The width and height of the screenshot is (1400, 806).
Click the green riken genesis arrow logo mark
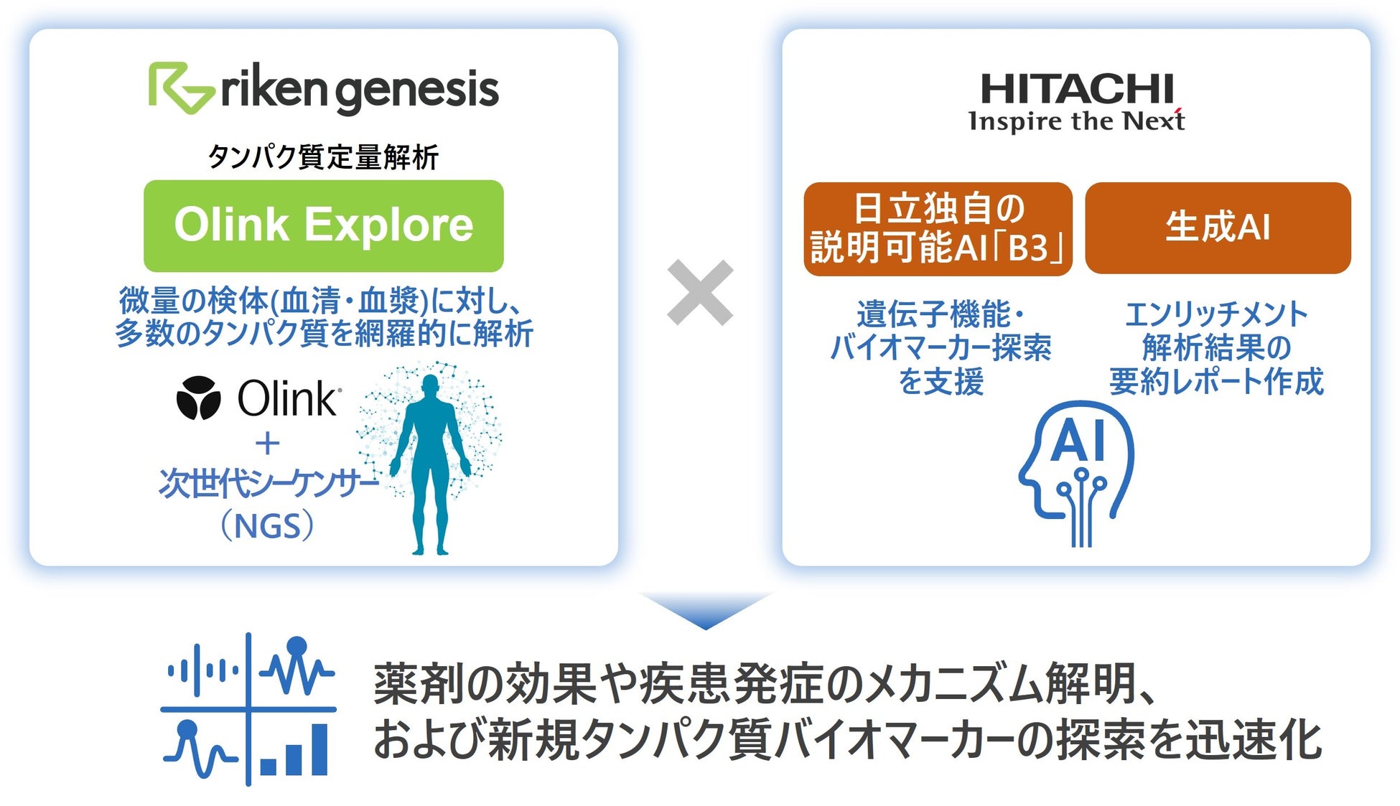tap(179, 88)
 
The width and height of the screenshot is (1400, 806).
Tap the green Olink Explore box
tap(323, 225)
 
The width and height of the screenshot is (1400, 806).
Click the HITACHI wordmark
tap(1076, 89)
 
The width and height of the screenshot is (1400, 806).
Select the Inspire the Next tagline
tap(1076, 121)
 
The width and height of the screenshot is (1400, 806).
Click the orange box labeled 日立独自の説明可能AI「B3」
tap(938, 229)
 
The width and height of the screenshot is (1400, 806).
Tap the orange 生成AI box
tap(1218, 228)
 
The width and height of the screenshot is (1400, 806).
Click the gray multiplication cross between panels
tap(700, 293)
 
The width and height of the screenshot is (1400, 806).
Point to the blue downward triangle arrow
tap(705, 609)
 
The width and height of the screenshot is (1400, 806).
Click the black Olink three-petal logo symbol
tap(198, 398)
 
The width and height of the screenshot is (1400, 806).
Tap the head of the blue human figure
tap(430, 386)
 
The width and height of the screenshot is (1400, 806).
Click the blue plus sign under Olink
tap(267, 444)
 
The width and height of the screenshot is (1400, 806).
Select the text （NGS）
tap(267, 526)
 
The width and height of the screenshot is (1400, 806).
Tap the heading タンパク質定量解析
tap(323, 157)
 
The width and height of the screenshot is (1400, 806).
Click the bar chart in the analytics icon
tap(294, 751)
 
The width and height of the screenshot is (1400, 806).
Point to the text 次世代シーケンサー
tap(267, 484)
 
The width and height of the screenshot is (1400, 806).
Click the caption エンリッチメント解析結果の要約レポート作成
tap(1217, 348)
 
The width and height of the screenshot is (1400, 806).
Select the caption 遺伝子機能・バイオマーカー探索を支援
tap(941, 348)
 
